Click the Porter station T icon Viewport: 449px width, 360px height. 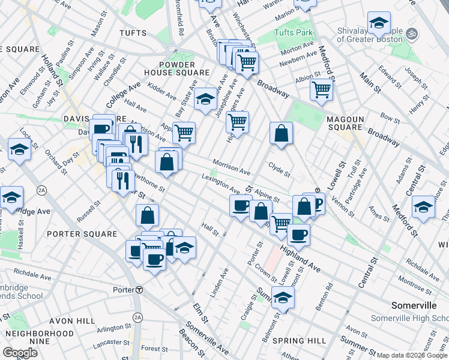[139, 290]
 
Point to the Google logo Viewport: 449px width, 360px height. [20, 353]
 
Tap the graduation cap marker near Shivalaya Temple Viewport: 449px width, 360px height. [378, 24]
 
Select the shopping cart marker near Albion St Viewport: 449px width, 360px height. [321, 90]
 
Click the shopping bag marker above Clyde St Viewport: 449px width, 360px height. [281, 134]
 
